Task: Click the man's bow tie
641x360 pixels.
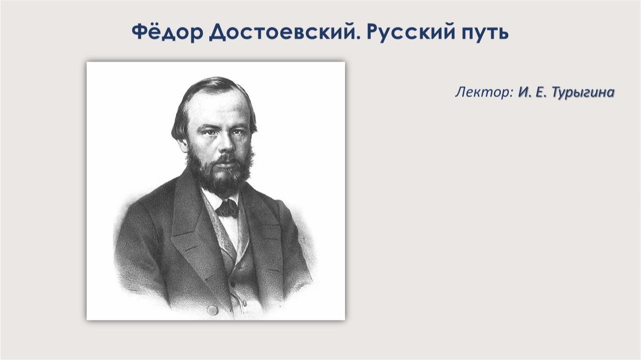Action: click(x=226, y=208)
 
